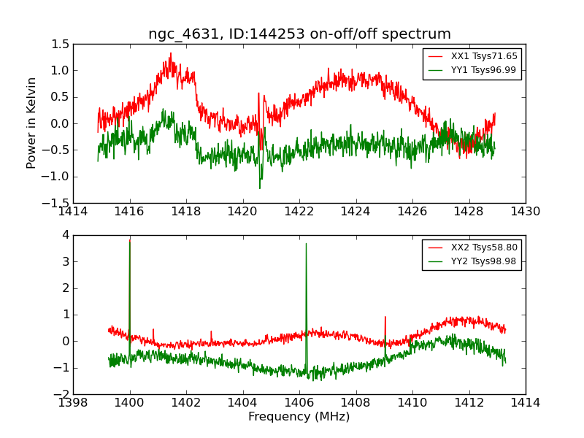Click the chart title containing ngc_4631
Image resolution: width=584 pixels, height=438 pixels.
(x=299, y=34)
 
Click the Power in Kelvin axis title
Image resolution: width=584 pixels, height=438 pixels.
(x=31, y=123)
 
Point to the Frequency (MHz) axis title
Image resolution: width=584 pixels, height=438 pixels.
(x=299, y=417)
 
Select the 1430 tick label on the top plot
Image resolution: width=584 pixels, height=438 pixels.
(x=526, y=211)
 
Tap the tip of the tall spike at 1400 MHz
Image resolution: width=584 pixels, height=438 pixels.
(x=129, y=240)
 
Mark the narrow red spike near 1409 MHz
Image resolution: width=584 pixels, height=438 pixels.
(x=385, y=318)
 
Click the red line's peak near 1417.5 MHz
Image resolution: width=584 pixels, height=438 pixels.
(x=171, y=53)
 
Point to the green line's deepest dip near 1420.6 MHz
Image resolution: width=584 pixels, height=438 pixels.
(x=259, y=188)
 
